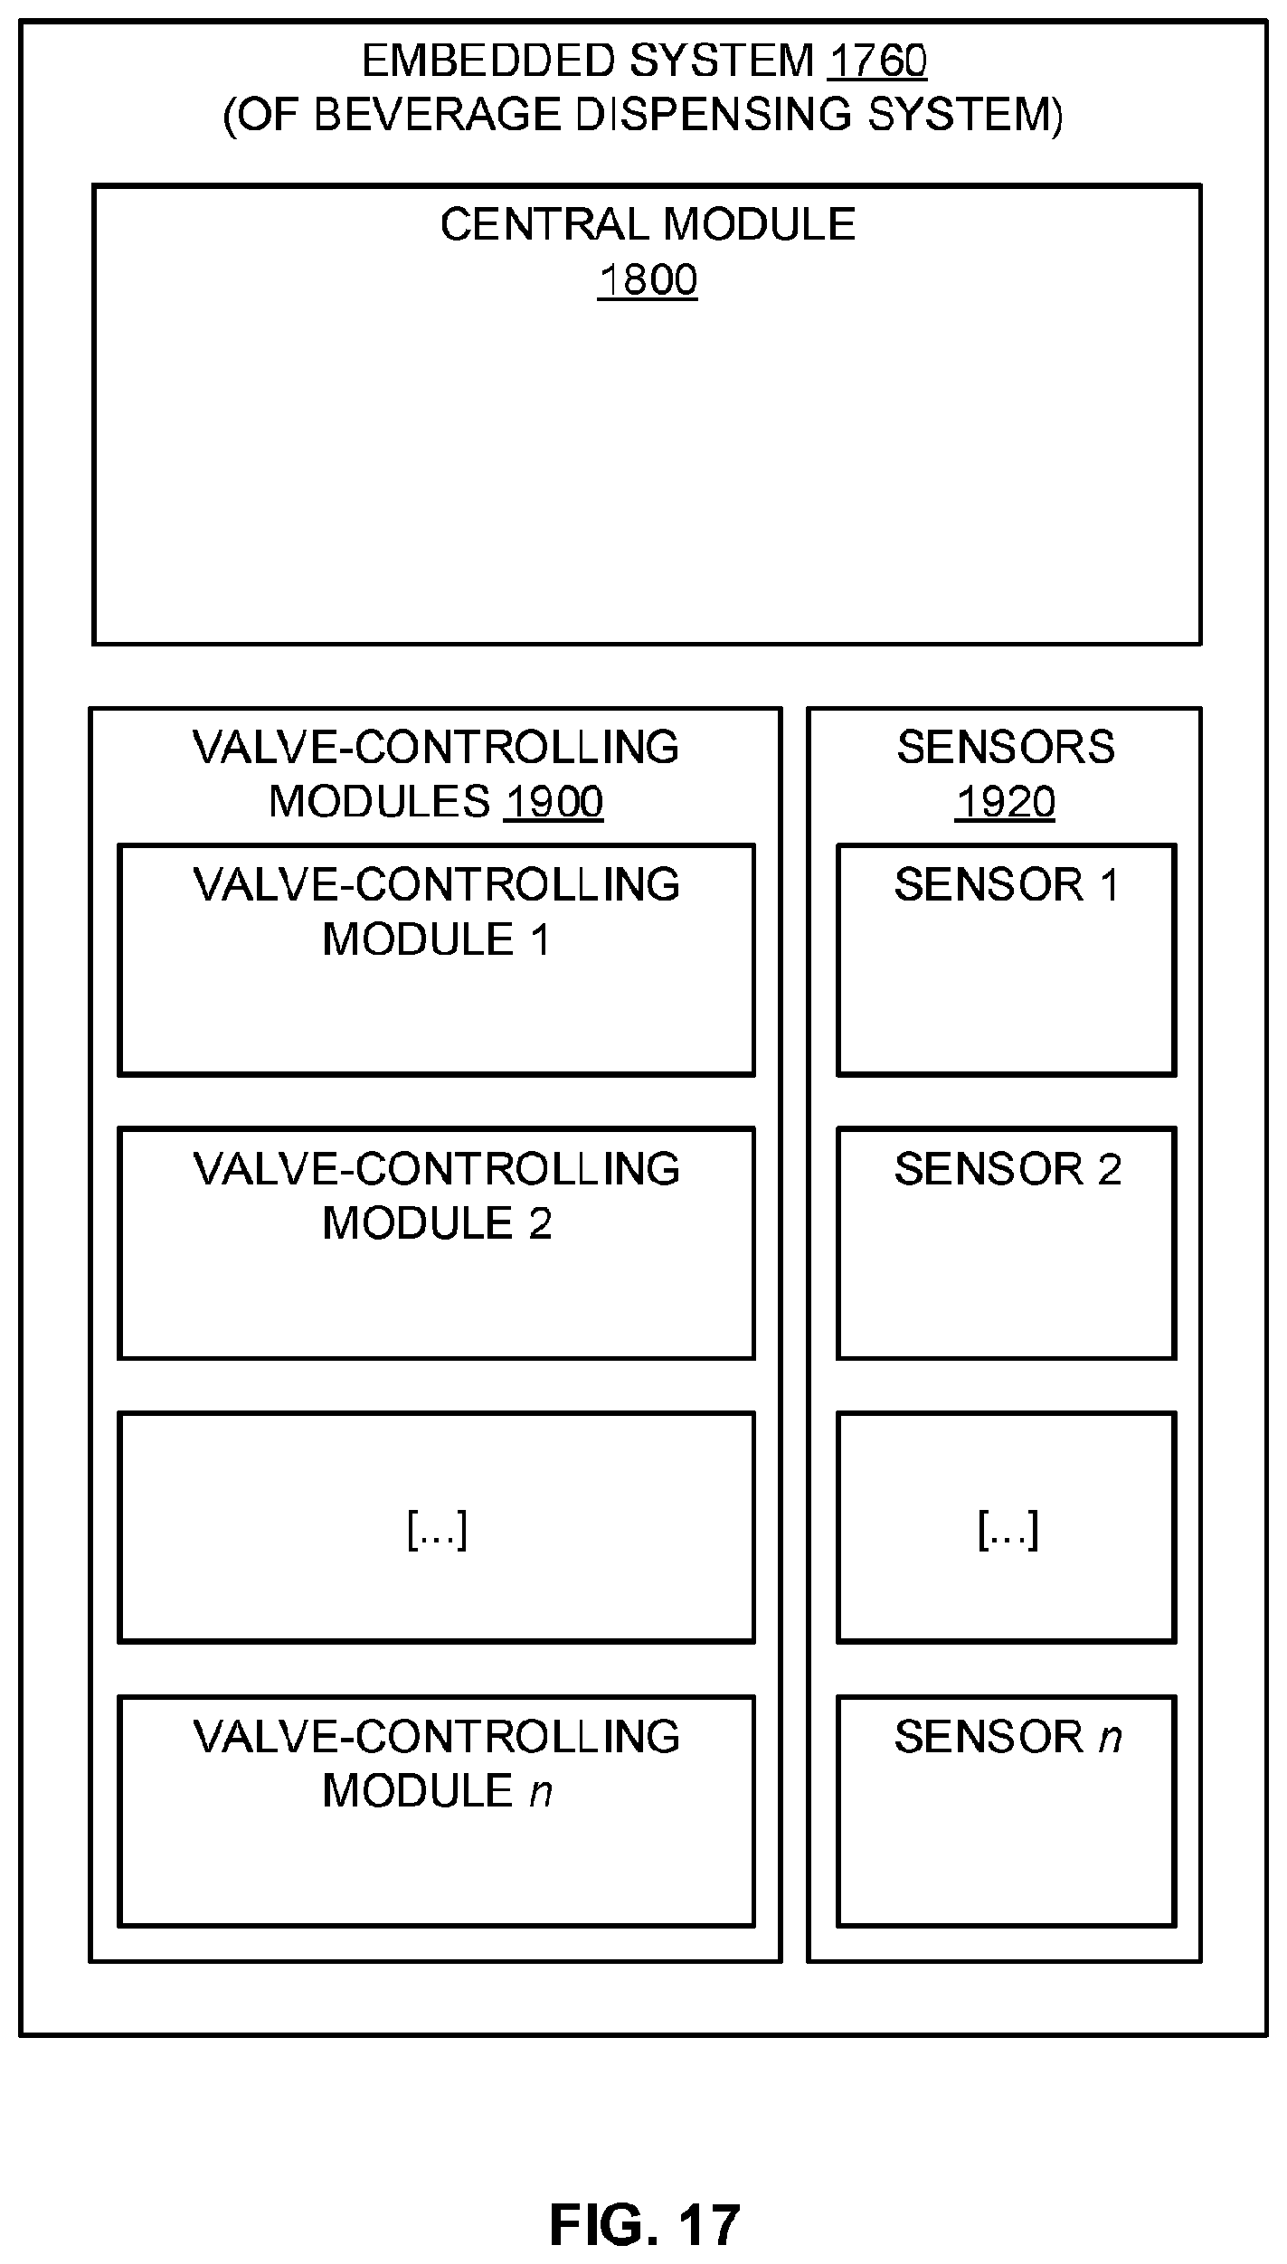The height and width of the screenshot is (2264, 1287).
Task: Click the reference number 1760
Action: click(x=876, y=61)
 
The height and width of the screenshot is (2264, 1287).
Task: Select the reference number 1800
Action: click(x=648, y=280)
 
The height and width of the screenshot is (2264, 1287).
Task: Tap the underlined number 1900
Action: click(x=554, y=802)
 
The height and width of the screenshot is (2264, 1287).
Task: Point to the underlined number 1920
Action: click(x=1005, y=802)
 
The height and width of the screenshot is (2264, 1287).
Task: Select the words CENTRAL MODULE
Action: click(x=648, y=224)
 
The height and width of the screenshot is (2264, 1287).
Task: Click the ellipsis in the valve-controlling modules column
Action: click(x=437, y=1530)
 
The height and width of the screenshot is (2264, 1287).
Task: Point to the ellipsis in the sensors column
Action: click(x=1008, y=1530)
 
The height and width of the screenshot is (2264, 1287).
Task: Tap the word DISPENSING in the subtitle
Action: click(x=713, y=115)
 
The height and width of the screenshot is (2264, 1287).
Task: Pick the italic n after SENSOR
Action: click(x=1111, y=1737)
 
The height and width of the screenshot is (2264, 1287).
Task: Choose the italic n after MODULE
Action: click(x=541, y=1791)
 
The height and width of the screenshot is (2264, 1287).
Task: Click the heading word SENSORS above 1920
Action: click(x=1006, y=747)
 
